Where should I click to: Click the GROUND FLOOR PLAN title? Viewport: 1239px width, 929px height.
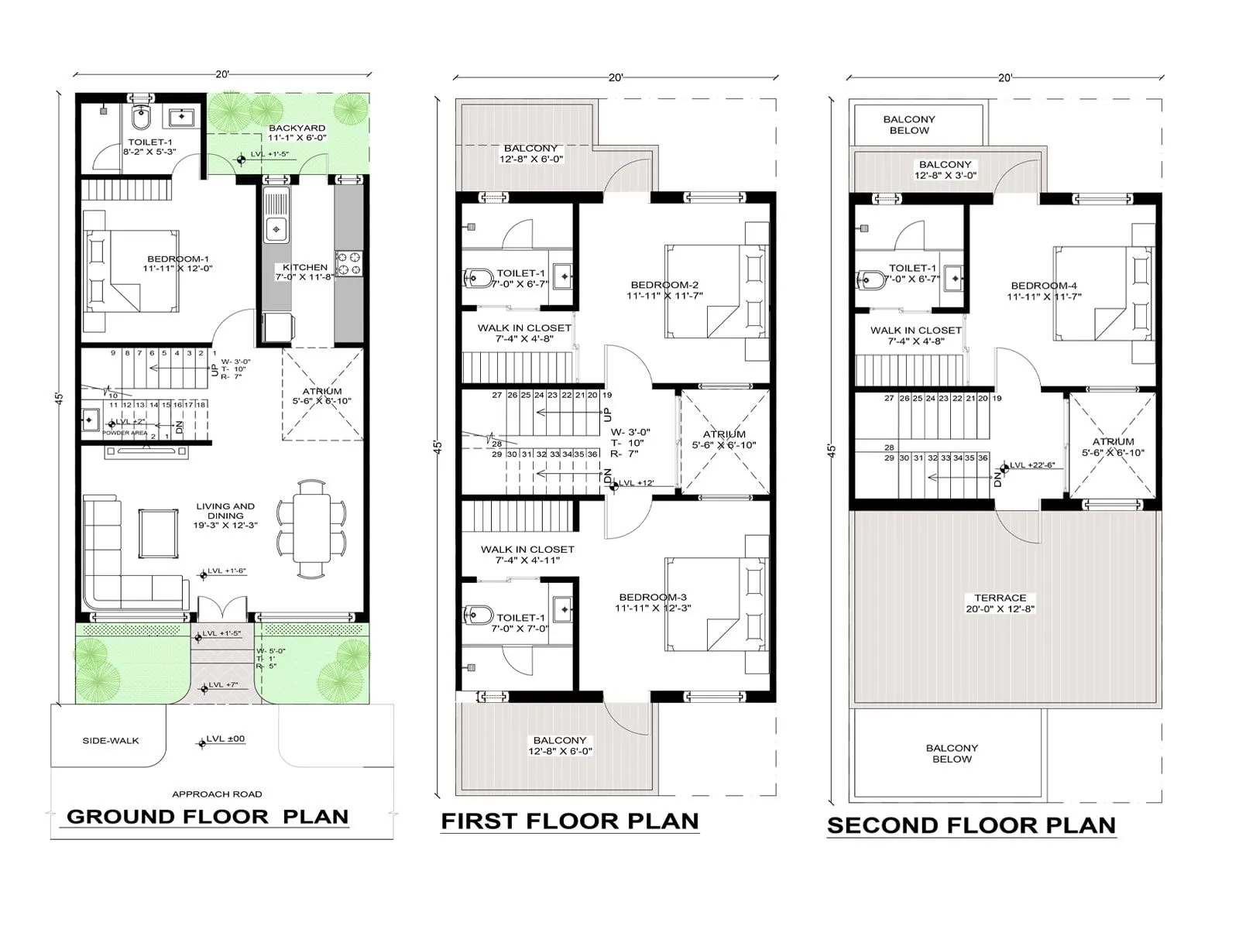208,817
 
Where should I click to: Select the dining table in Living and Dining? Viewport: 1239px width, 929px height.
311,529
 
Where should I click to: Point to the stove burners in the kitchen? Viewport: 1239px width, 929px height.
348,263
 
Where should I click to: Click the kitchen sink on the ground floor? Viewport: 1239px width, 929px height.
276,228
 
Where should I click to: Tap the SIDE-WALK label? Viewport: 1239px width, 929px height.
111,741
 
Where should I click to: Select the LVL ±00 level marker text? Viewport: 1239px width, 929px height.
225,739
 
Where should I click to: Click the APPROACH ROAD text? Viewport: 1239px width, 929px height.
217,794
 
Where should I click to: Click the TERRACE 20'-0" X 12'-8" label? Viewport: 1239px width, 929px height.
1000,603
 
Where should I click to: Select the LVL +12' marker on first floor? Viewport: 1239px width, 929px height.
637,483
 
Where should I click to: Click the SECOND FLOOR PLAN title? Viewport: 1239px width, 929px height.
971,825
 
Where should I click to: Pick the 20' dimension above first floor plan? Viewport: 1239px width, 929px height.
616,77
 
